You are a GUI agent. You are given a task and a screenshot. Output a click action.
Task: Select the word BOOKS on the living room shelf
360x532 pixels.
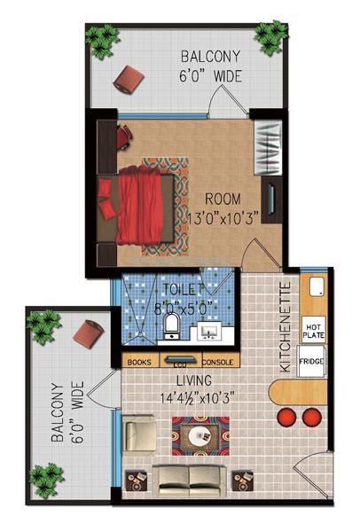tap(139, 362)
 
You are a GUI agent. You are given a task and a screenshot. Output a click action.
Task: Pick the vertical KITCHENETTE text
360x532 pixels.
tap(286, 326)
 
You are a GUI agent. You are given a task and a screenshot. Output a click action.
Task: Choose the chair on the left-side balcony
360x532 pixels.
tap(90, 334)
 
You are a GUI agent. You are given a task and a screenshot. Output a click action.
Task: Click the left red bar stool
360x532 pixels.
tap(288, 417)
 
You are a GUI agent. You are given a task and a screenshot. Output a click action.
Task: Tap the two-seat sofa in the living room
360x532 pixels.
tap(191, 479)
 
